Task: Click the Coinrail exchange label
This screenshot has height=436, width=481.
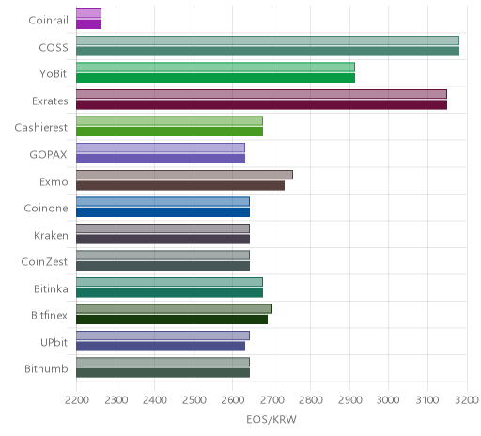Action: tap(48, 21)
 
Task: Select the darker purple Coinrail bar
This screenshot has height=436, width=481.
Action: tap(88, 24)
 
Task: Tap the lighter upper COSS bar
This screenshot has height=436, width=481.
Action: tap(268, 40)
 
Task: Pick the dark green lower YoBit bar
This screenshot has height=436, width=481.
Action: tap(215, 78)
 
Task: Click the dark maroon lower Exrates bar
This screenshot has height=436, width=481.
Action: tap(261, 105)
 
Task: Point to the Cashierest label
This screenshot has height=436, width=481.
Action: tap(40, 128)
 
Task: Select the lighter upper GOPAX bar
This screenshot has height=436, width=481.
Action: tap(161, 148)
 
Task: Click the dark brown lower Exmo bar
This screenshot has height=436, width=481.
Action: tap(180, 186)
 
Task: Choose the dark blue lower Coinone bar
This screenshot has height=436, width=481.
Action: tap(163, 212)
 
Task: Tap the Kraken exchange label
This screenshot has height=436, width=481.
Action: tap(51, 235)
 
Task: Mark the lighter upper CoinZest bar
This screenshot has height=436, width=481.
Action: tap(163, 256)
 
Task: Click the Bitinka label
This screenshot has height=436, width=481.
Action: tap(51, 288)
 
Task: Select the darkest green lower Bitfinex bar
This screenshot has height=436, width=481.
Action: tap(172, 319)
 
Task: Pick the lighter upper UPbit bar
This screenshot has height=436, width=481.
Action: tap(163, 335)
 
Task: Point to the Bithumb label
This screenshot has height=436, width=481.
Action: tap(46, 369)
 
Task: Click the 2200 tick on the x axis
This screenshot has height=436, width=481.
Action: tap(77, 400)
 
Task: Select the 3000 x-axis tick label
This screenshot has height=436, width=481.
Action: tap(388, 400)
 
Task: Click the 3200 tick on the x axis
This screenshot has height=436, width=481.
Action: tap(467, 400)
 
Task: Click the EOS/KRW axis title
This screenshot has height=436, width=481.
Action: tap(272, 420)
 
